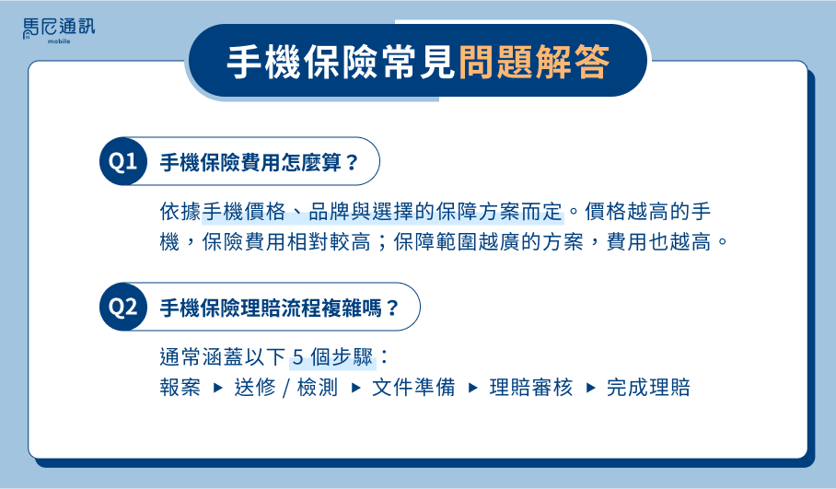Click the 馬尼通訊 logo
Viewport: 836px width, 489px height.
click(x=59, y=31)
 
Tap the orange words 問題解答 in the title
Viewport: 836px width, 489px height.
click(x=534, y=62)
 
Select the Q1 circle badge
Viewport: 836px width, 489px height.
click(x=123, y=161)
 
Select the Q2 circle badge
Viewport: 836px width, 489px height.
click(x=123, y=307)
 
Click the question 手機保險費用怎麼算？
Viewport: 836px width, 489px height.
click(x=259, y=162)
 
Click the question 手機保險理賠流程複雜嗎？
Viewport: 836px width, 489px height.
click(x=279, y=308)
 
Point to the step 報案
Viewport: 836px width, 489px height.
click(x=180, y=387)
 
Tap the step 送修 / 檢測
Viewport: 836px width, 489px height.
click(x=286, y=387)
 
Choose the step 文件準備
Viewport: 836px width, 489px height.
click(x=413, y=387)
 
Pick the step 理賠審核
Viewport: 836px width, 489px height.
click(x=531, y=387)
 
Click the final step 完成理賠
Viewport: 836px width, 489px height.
click(x=648, y=387)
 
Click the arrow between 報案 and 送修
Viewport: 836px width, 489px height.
click(x=217, y=388)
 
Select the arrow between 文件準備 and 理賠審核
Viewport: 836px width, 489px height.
click(x=473, y=388)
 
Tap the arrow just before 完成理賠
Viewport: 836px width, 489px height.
click(x=590, y=388)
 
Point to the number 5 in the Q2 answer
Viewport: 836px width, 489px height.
click(x=298, y=356)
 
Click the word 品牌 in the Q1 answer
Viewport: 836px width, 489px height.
click(x=329, y=212)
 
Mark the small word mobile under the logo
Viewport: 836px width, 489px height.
click(x=59, y=41)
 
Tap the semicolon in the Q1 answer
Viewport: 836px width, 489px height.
click(x=382, y=243)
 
